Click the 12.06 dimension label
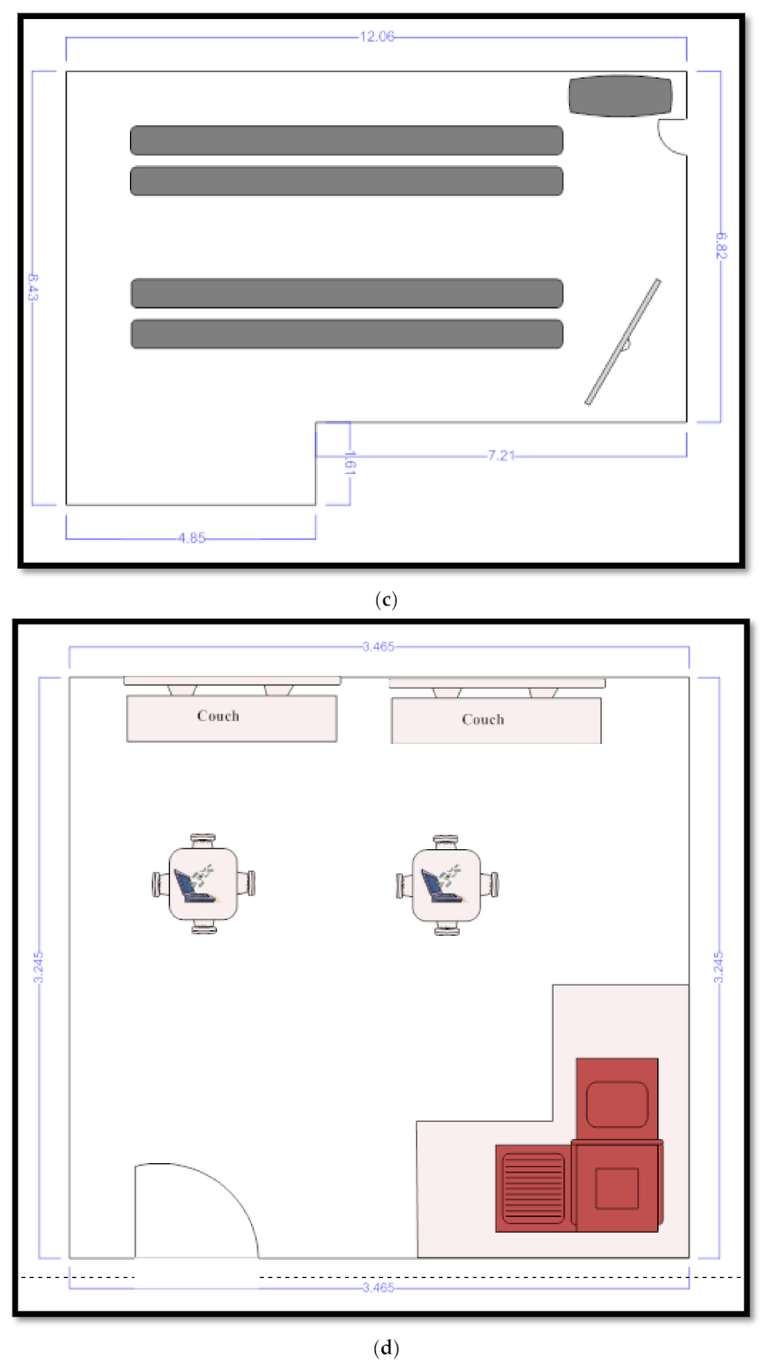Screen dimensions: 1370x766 [x=377, y=37]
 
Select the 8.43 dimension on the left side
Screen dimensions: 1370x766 [x=33, y=287]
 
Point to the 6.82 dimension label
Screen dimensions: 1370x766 [x=720, y=245]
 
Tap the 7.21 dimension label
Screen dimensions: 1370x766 [x=500, y=456]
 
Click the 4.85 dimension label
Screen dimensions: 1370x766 [x=191, y=538]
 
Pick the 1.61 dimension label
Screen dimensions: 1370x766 [x=350, y=464]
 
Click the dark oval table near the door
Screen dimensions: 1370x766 [x=621, y=97]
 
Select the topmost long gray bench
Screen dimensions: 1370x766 [x=346, y=140]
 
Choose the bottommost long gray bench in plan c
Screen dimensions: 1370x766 [x=346, y=334]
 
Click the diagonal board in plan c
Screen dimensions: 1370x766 [x=623, y=341]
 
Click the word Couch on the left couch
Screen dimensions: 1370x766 [x=218, y=716]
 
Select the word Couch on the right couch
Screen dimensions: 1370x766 [x=482, y=719]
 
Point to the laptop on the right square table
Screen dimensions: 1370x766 [x=440, y=884]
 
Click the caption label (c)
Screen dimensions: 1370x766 [x=386, y=600]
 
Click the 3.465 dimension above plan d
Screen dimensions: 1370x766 [x=377, y=647]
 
